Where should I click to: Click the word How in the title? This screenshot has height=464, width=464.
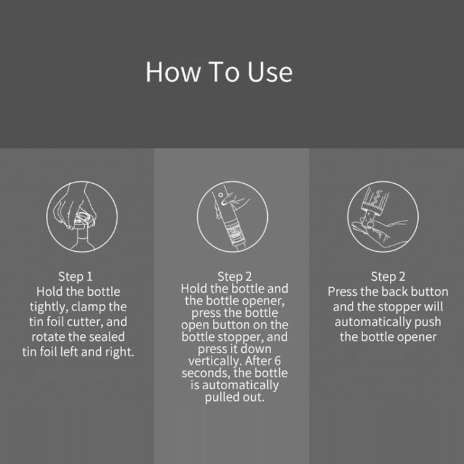[166, 72]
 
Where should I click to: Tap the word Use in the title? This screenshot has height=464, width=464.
[272, 72]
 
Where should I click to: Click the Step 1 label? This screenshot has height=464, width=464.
[79, 276]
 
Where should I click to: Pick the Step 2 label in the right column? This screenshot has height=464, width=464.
[388, 276]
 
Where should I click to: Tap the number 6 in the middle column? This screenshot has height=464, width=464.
[284, 361]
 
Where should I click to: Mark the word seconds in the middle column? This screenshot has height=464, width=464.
[202, 374]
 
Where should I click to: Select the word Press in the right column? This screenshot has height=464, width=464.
[344, 291]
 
